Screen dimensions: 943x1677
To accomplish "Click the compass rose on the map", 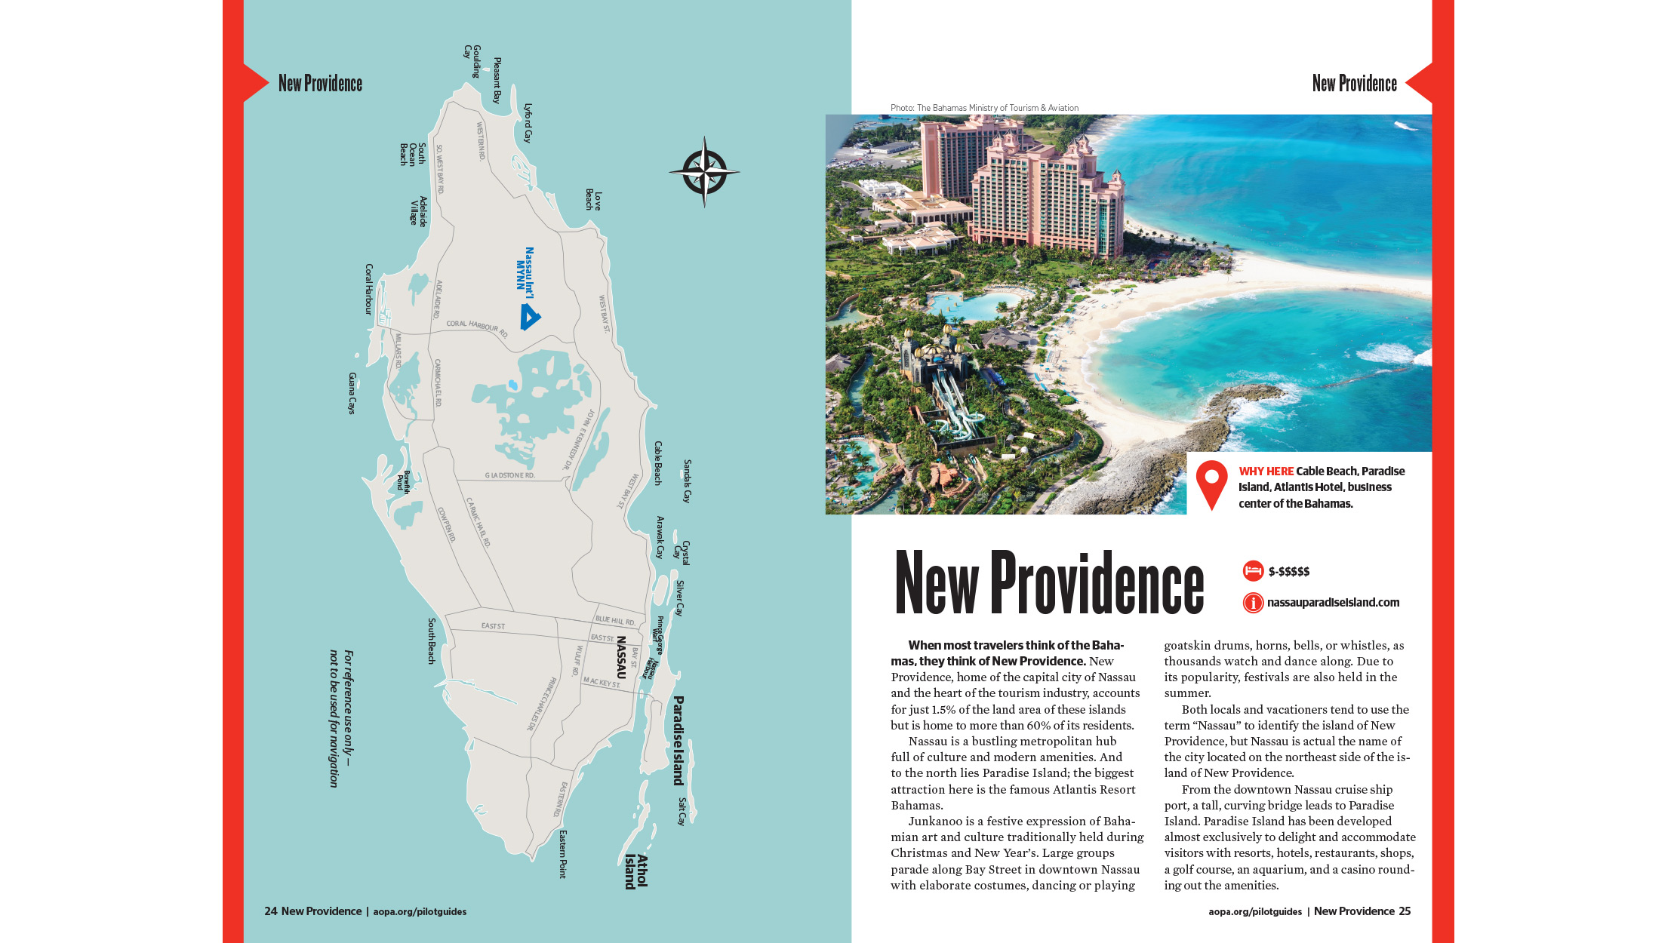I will pos(703,171).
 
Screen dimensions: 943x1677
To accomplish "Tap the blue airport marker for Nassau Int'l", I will pos(530,317).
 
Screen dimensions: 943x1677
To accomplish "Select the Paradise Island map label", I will pos(678,740).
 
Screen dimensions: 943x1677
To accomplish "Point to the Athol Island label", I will pos(636,871).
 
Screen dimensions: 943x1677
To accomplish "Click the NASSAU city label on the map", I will pos(621,656).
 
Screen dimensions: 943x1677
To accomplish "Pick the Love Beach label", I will pos(593,200).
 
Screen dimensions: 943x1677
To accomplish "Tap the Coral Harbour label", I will pos(368,289).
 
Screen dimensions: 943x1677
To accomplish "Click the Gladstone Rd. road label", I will pos(509,475).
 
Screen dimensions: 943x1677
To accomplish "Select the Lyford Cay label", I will pos(528,123).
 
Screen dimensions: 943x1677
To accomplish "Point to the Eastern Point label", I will pos(562,854).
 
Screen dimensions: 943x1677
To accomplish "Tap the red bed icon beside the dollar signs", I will pos(1253,571).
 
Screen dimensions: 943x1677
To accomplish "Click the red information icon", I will pos(1253,603).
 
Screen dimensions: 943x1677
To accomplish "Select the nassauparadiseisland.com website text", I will pos(1333,603).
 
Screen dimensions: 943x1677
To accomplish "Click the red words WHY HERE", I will pos(1266,471).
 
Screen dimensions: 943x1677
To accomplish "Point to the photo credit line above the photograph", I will pos(984,108).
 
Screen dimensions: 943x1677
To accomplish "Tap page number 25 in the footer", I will pos(1405,911).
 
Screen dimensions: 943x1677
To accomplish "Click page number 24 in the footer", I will pos(271,911).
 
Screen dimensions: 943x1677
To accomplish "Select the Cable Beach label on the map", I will pos(657,463).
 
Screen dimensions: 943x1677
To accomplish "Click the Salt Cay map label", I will pos(682,812).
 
